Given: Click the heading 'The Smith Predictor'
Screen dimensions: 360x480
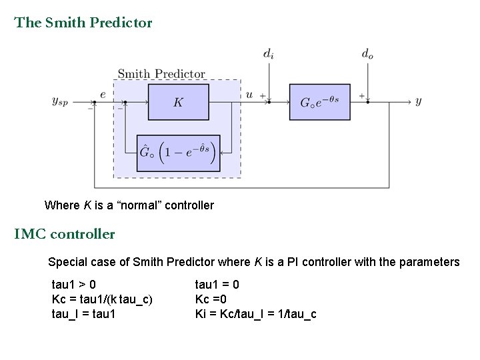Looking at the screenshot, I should pos(83,23).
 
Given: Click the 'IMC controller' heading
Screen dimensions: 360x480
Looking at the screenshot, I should pos(65,234).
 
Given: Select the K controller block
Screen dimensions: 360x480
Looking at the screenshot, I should pos(178,102).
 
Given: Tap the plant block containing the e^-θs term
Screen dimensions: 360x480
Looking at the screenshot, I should pos(319,102).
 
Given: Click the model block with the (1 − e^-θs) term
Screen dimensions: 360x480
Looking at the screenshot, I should pos(178,153).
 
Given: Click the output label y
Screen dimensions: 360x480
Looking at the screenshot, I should pos(418,101).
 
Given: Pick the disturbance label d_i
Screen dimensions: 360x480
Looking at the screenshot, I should pos(267,54).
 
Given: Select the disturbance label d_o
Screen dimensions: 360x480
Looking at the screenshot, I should pos(367,54).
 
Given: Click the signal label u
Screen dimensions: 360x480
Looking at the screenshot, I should pos(249,95).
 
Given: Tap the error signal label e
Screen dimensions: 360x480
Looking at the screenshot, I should pos(103,95).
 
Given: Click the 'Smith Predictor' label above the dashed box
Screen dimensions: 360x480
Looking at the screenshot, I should pos(161,73).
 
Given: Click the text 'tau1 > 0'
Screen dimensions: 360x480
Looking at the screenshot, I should pos(73,285).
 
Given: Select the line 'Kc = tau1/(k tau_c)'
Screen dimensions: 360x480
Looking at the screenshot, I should pos(102,299).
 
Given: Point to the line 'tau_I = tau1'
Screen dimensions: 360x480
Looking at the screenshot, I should pos(83,313).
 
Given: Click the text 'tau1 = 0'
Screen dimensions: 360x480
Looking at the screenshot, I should pos(217,285).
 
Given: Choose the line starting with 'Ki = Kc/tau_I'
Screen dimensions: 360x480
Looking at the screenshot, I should pos(255,313).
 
